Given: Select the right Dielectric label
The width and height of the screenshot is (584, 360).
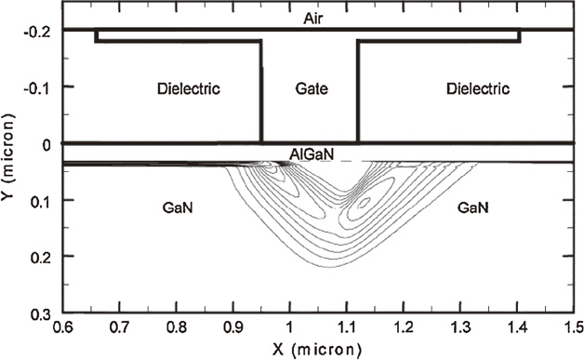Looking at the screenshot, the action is point(478,90).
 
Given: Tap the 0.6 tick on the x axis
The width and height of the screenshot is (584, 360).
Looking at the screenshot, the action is point(62,329).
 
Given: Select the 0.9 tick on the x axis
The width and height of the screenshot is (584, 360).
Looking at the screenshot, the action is point(232,329).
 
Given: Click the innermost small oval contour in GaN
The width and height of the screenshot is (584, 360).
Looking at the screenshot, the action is point(365,201).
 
